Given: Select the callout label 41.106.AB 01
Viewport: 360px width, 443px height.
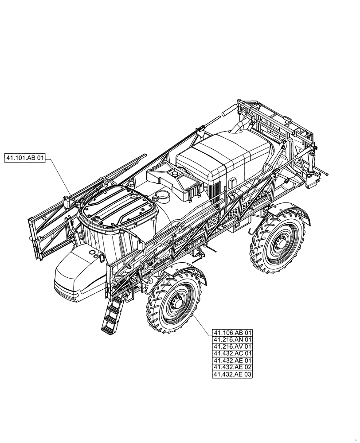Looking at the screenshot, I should pyautogui.click(x=232, y=333).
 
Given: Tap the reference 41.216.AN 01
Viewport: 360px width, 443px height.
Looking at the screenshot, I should pyautogui.click(x=232, y=340).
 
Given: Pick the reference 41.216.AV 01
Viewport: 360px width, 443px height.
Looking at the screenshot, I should pyautogui.click(x=232, y=347).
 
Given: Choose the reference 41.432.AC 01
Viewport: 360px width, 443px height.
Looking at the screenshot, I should pyautogui.click(x=232, y=354).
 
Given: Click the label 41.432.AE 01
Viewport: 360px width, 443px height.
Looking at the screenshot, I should pyautogui.click(x=232, y=361).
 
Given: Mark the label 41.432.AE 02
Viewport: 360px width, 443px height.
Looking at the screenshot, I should pyautogui.click(x=232, y=367).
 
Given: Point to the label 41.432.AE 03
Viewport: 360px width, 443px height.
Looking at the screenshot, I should pyautogui.click(x=232, y=374).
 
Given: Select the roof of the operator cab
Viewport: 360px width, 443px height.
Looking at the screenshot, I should pyautogui.click(x=117, y=204).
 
